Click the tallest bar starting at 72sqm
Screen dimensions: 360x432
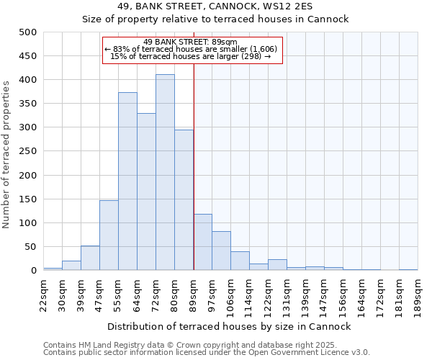coord(165,173)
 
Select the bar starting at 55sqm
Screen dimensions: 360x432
coord(127,181)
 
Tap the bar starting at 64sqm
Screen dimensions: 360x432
coord(146,192)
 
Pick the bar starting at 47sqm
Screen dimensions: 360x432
coord(109,235)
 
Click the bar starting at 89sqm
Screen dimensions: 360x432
coord(202,243)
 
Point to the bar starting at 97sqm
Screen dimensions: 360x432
coord(221,251)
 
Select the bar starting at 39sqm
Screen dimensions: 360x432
coord(90,258)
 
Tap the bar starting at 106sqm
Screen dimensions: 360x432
coord(240,261)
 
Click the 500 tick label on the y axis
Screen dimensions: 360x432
coord(27,32)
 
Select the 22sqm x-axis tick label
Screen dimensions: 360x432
coord(44,292)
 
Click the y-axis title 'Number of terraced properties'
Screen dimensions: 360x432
coord(7,154)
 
